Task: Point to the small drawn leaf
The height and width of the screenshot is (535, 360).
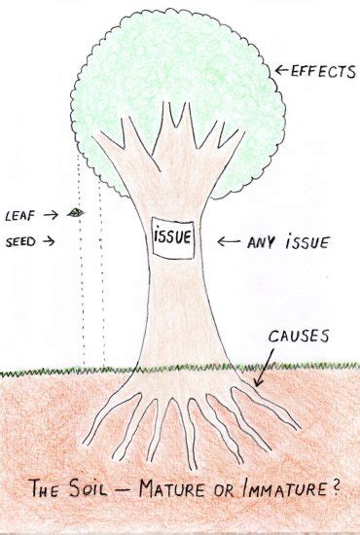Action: coord(78,211)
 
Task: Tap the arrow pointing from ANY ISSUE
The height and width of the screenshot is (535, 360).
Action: coord(230,239)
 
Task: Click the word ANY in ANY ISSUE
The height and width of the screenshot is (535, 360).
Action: coord(260,238)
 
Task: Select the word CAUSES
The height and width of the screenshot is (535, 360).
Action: coord(299,337)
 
